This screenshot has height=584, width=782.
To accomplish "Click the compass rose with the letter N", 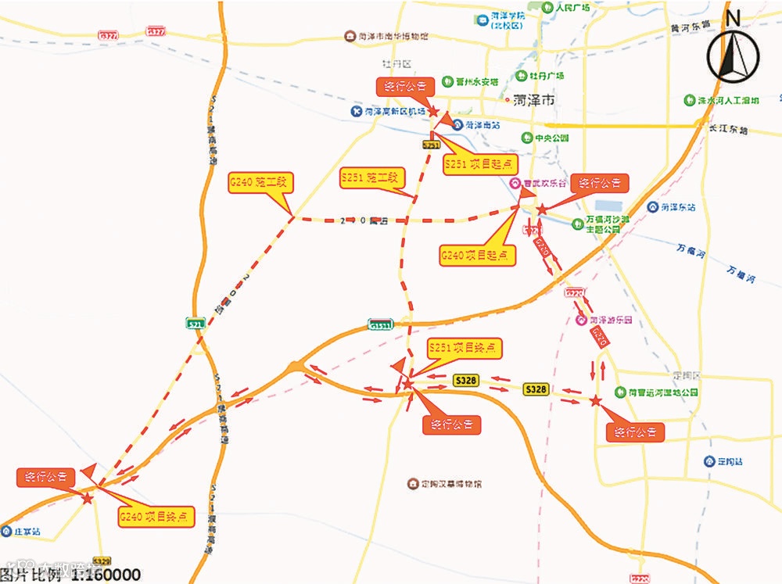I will [733, 57].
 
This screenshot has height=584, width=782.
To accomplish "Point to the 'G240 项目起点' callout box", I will [478, 255].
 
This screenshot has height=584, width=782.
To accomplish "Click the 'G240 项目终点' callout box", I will [156, 517].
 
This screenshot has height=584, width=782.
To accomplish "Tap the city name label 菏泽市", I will [534, 101].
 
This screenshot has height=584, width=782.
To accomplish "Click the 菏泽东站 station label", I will [672, 207].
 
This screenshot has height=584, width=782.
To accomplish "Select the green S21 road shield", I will [195, 323].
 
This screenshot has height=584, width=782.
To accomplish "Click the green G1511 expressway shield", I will [382, 324].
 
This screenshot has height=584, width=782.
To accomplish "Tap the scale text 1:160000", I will [106, 575].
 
